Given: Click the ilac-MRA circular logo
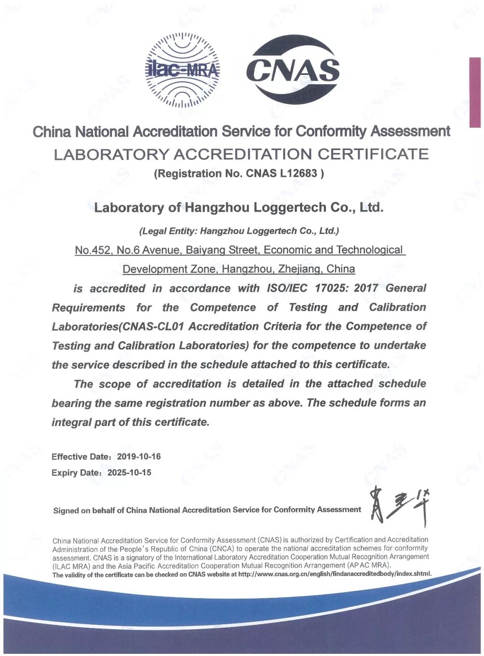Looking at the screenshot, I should point(182,70).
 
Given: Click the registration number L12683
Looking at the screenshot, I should point(298,173).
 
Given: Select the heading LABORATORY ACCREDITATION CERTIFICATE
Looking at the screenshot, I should point(241,154).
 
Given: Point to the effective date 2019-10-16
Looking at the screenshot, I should point(138,456).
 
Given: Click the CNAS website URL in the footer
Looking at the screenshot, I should point(334,574).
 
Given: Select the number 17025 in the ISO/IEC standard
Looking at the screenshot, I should point(330,288).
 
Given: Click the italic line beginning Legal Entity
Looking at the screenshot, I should point(239,231).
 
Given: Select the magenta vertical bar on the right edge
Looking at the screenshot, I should point(475,92).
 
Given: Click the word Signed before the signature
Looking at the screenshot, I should point(66,510).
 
